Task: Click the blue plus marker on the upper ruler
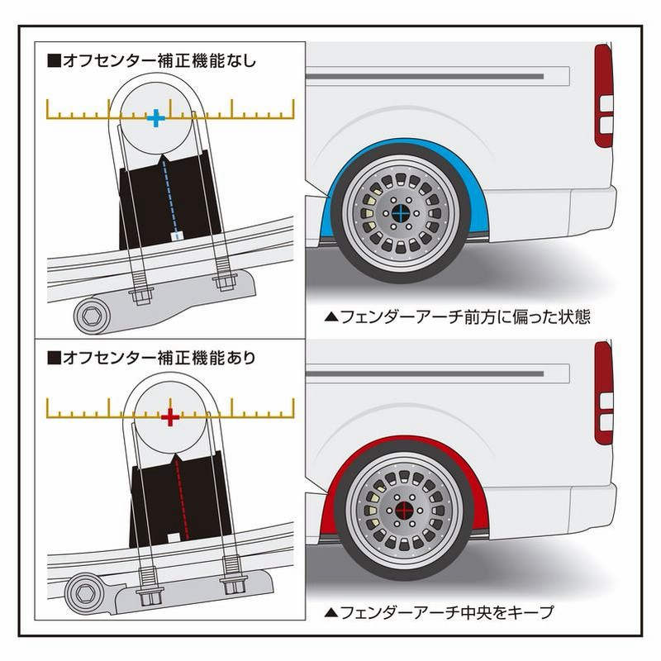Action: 155,118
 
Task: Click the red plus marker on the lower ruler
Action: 169,416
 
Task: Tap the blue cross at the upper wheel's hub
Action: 400,213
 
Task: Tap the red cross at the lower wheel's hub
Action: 404,510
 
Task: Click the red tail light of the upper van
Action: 604,95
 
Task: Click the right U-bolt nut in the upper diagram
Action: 224,282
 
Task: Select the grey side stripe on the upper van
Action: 438,75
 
